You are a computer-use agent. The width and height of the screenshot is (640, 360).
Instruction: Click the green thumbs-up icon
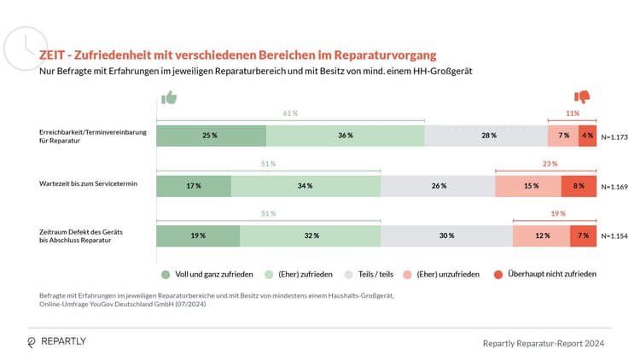tap(168, 97)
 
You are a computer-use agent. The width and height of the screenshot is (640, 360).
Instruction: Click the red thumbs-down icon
tap(583, 97)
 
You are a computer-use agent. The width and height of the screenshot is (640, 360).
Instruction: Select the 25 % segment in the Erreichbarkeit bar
tap(211, 136)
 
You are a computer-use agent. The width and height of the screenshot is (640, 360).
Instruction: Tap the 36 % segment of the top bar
tap(345, 136)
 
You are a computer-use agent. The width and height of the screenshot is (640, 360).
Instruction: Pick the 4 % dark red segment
tap(587, 136)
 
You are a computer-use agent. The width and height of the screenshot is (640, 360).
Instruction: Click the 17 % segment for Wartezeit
tap(193, 186)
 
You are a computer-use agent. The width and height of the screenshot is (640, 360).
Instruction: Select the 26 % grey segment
tap(438, 186)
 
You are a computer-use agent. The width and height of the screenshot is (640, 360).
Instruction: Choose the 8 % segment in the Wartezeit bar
tap(579, 186)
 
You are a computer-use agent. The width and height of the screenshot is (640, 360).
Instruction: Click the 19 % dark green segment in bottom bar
tap(198, 235)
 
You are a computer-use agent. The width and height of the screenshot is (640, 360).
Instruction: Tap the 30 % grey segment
tap(446, 235)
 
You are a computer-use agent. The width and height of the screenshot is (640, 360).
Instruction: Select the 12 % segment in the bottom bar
tap(541, 235)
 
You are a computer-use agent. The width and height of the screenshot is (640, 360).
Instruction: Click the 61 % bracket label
tap(290, 113)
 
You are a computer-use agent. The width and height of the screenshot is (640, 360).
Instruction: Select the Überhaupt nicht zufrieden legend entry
tap(544, 274)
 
